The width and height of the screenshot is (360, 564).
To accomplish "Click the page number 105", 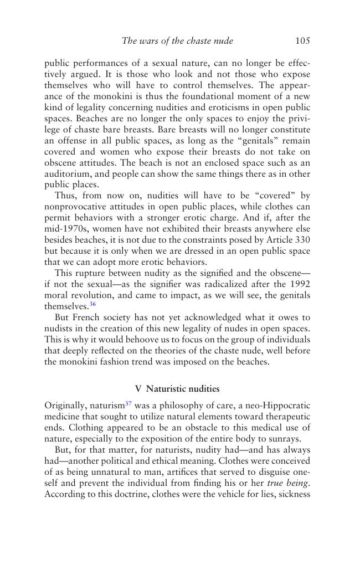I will [x=302, y=40].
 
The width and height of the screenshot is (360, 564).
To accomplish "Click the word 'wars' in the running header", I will [x=149, y=40].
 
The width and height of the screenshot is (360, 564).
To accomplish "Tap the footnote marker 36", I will [x=92, y=304].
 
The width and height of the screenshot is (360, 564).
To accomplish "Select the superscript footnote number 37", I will [x=128, y=403].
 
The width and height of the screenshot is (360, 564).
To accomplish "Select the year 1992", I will [x=300, y=285].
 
